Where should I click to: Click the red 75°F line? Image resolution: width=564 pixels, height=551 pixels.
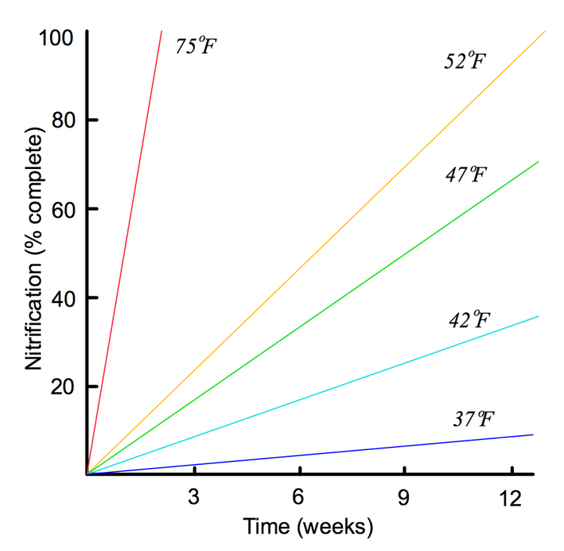(125, 253)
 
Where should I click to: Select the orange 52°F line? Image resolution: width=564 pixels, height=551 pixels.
(316, 253)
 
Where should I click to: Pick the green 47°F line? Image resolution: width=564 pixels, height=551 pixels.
(313, 318)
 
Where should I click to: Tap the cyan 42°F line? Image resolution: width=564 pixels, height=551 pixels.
(313, 395)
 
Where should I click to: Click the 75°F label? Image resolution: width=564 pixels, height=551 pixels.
(196, 45)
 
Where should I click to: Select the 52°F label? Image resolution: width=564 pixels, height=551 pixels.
(465, 60)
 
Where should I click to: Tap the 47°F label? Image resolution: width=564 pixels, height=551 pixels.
(466, 174)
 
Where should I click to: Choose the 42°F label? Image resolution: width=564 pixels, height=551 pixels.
(469, 319)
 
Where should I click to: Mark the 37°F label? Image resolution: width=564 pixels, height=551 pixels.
(473, 419)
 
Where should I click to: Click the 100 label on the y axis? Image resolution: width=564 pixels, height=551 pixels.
(56, 38)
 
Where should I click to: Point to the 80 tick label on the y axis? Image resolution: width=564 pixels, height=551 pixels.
(63, 120)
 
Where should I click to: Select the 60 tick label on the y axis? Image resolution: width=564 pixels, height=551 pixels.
(63, 209)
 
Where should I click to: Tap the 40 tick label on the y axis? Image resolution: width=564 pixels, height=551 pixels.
(63, 298)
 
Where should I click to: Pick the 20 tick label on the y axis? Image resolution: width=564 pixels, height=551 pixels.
(63, 387)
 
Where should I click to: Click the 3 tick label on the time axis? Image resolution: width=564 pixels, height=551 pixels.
(193, 497)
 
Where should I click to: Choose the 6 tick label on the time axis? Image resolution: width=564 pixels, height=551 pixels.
(298, 497)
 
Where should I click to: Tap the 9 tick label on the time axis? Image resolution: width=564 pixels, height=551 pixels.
(403, 498)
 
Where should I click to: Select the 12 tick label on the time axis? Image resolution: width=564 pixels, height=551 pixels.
(510, 498)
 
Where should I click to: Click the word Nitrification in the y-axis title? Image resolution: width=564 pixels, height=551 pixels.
(34, 316)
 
